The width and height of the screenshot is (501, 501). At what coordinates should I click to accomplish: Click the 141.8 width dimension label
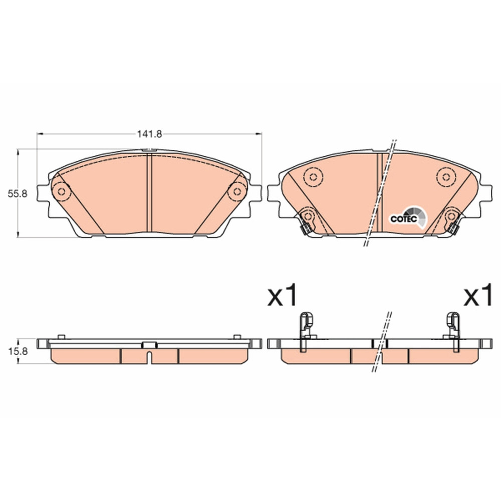[x=149, y=134]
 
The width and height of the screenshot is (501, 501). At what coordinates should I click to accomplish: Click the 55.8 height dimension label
[x=18, y=193]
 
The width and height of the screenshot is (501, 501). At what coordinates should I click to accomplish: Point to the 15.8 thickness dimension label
[x=18, y=352]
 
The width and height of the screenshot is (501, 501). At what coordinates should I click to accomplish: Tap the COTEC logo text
[x=403, y=219]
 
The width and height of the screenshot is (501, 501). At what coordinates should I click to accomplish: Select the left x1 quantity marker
[x=283, y=296]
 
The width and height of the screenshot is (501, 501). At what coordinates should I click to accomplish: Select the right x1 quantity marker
[x=478, y=296]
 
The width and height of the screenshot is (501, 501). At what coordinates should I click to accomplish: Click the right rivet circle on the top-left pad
[x=237, y=192]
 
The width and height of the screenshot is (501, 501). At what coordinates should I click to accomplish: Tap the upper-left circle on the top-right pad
[x=313, y=177]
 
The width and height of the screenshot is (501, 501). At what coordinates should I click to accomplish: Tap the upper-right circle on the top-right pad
[x=446, y=177]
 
